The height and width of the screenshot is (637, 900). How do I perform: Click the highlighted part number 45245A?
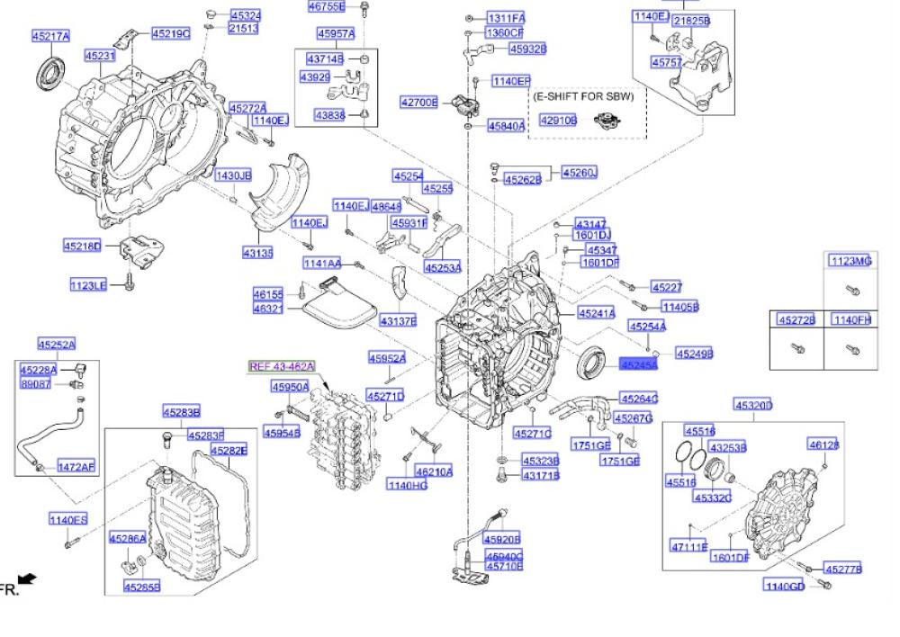pyautogui.click(x=638, y=365)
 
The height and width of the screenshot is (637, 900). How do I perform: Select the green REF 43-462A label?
pyautogui.click(x=282, y=366)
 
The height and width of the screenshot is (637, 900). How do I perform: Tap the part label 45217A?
pyautogui.click(x=50, y=36)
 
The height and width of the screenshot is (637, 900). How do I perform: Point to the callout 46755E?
pyautogui.click(x=326, y=6)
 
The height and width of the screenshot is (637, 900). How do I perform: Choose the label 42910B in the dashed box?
pyautogui.click(x=558, y=120)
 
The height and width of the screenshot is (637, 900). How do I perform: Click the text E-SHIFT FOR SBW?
pyautogui.click(x=583, y=95)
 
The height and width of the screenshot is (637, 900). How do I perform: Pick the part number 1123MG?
pyautogui.click(x=850, y=261)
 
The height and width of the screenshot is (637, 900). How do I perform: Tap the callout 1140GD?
pyautogui.click(x=784, y=586)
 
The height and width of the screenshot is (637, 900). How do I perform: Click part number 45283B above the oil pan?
pyautogui.click(x=181, y=412)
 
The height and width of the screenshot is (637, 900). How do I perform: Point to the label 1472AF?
pyautogui.click(x=76, y=466)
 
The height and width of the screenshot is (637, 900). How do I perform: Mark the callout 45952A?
pyautogui.click(x=386, y=358)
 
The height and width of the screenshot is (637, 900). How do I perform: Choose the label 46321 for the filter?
pyautogui.click(x=267, y=309)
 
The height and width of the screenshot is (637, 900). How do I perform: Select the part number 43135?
pyautogui.click(x=257, y=253)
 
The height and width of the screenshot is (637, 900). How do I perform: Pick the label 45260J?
pyautogui.click(x=580, y=172)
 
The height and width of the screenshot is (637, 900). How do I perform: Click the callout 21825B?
pyautogui.click(x=692, y=20)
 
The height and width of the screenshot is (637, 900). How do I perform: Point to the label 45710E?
pyautogui.click(x=503, y=567)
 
